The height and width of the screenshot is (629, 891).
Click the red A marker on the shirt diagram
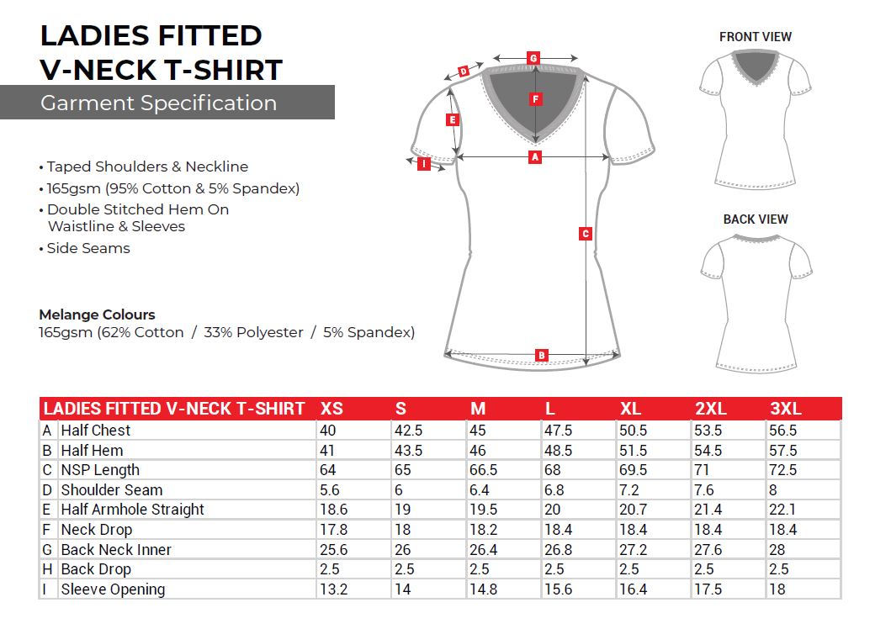[x=534, y=157]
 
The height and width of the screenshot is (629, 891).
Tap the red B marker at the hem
[x=542, y=355]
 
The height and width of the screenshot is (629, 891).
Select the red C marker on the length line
[x=586, y=234]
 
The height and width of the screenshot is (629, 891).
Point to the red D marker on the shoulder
[x=464, y=72]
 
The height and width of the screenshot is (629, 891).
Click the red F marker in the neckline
[x=535, y=99]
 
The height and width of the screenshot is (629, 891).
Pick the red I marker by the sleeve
[x=424, y=164]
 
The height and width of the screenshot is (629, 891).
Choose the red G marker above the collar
[x=533, y=58]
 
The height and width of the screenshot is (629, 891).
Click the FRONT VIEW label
[x=755, y=37]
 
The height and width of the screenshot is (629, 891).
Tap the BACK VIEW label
[x=756, y=219]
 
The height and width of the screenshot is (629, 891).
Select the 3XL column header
[x=786, y=410]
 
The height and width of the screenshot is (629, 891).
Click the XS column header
[x=331, y=410]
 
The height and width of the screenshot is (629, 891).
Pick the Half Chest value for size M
[x=478, y=431]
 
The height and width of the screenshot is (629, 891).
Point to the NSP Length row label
[x=100, y=470]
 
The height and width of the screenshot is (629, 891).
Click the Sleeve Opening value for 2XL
[x=708, y=589]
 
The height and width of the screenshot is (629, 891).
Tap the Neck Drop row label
[x=96, y=530]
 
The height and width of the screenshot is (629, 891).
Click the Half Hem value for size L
[x=559, y=451]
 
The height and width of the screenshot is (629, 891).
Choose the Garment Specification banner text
[x=158, y=103]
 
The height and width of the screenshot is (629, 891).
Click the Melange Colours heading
[x=97, y=314]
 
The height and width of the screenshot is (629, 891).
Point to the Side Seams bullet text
[x=88, y=248]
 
